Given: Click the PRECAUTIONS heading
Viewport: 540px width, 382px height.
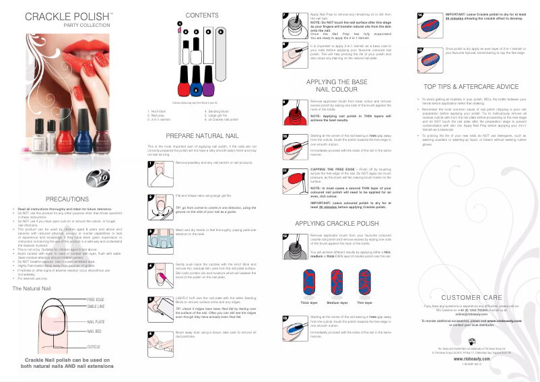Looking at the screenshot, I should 67,199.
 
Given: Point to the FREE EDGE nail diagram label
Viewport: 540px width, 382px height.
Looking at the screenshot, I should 96,298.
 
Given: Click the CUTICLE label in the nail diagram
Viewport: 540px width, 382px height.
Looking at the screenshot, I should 94,346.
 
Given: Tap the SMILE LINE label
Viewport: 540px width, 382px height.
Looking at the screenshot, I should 96,306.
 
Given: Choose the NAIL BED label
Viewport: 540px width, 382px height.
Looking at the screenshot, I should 94,331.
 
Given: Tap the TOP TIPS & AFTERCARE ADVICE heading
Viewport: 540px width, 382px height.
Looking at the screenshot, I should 471,86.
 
